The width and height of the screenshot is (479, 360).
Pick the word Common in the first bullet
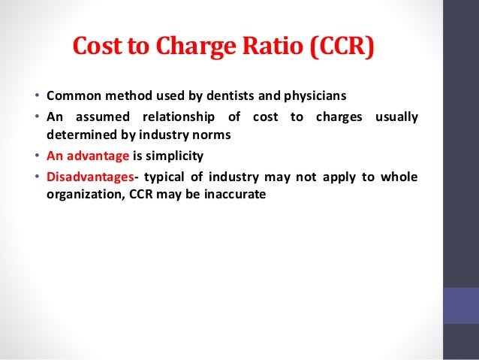pyautogui.click(x=70, y=98)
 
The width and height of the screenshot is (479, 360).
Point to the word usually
pyautogui.click(x=395, y=118)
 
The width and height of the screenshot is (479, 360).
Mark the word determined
pyautogui.click(x=78, y=136)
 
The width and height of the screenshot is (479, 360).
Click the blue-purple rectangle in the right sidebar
pyautogui.click(x=461, y=305)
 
